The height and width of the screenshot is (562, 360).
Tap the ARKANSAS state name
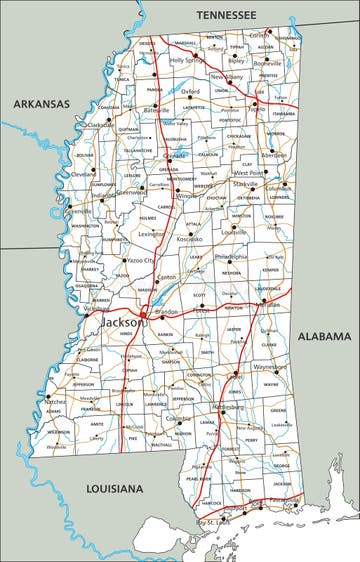pos(41,103)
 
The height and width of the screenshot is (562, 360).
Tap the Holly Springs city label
pos(187,60)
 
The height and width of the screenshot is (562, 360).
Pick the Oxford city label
pos(191,91)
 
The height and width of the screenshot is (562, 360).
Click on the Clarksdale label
pos(101,125)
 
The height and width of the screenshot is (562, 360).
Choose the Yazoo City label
pos(140,260)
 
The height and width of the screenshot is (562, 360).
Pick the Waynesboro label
pos(272,367)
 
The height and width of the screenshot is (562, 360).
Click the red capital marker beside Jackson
pos(142,314)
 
